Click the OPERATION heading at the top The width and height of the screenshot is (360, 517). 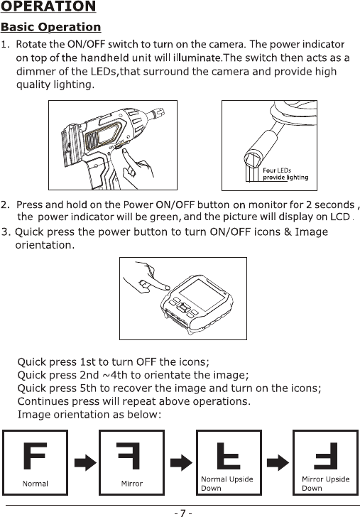48,6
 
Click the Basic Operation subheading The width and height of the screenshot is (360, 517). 51,27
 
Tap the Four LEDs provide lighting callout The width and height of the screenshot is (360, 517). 285,174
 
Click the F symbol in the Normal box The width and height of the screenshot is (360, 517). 36,456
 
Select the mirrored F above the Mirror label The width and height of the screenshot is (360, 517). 129,456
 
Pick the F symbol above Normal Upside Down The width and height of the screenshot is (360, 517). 229,456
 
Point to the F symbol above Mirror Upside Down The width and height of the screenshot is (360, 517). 326,456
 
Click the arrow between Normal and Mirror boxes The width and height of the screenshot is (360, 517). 85,462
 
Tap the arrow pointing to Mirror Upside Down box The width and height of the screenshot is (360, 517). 278,462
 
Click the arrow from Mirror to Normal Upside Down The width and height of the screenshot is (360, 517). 181,462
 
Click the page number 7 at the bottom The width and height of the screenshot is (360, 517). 183,513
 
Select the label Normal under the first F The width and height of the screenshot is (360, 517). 36,484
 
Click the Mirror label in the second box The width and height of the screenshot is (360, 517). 131,484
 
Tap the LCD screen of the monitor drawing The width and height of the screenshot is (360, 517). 202,295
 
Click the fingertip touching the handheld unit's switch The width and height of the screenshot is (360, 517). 124,152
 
